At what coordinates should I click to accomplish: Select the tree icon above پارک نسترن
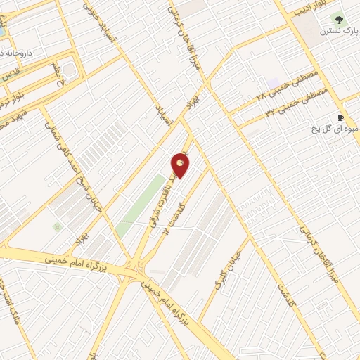pyautogui.click(x=340, y=18)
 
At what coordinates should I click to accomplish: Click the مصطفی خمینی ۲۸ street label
pyautogui.click(x=287, y=84)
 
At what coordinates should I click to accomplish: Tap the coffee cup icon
pyautogui.click(x=340, y=117)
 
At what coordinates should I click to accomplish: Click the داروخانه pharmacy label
pyautogui.click(x=14, y=51)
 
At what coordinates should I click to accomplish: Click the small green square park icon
pyautogui.click(x=56, y=226)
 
